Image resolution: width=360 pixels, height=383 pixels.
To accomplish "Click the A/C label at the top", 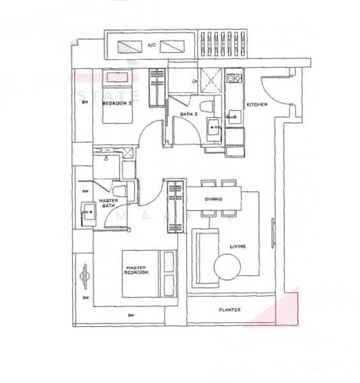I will [x=151, y=46].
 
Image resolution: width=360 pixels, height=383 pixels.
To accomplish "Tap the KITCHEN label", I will [x=257, y=105].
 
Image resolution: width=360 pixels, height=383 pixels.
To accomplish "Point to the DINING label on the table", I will [x=213, y=200].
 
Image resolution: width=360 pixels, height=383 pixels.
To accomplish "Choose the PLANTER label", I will [x=229, y=310].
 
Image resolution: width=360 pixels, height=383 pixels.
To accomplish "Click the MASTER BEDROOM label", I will [x=137, y=270].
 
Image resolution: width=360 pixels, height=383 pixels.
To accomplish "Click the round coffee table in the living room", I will [x=229, y=266].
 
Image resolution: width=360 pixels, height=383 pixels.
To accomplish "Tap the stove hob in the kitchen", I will [x=234, y=79].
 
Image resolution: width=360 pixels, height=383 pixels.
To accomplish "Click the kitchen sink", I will [x=233, y=117].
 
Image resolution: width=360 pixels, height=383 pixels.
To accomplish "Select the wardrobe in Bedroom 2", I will [x=158, y=87].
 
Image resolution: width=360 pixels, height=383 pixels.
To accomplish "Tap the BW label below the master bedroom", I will [x=130, y=315].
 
